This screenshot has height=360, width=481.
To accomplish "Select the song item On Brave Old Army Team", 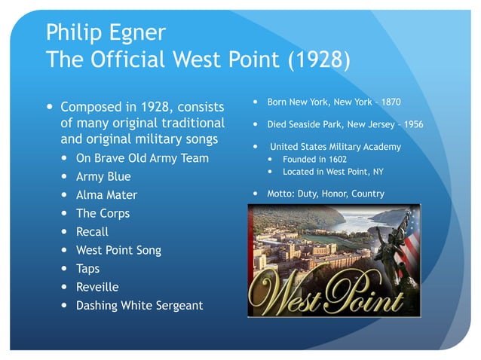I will pyautogui.click(x=142, y=158).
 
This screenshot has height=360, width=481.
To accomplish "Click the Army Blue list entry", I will pyautogui.click(x=103, y=177).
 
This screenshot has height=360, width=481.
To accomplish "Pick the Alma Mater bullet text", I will pyautogui.click(x=106, y=195).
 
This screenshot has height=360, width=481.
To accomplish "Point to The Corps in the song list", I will pyautogui.click(x=103, y=213).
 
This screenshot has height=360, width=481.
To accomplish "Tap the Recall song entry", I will pyautogui.click(x=92, y=232).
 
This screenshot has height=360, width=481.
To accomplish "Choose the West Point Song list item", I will pyautogui.click(x=118, y=250).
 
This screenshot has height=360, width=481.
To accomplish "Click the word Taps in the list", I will pyautogui.click(x=87, y=268).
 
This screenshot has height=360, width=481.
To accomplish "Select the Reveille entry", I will pyautogui.click(x=97, y=287).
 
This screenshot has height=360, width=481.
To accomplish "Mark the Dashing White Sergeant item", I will pyautogui.click(x=139, y=306).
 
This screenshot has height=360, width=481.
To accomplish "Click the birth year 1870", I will pyautogui.click(x=390, y=102).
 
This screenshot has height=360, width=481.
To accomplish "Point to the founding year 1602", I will pyautogui.click(x=335, y=160).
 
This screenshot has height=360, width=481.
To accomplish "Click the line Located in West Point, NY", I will pyautogui.click(x=332, y=172).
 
